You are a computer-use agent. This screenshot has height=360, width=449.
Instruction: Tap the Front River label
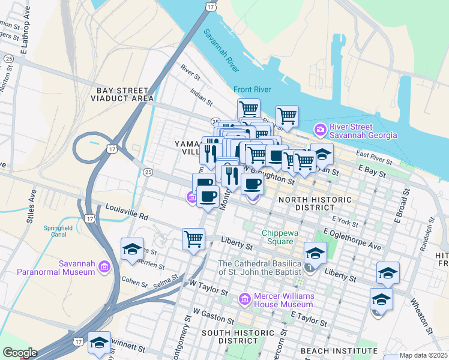(253, 89)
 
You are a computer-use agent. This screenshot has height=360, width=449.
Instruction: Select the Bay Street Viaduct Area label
(125, 94)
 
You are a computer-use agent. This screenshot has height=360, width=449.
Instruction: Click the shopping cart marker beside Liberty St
(193, 238)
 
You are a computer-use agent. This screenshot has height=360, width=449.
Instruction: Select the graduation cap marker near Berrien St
(132, 249)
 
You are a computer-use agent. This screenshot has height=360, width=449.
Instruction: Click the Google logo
(19, 353)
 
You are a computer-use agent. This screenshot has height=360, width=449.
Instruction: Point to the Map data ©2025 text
(423, 355)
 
